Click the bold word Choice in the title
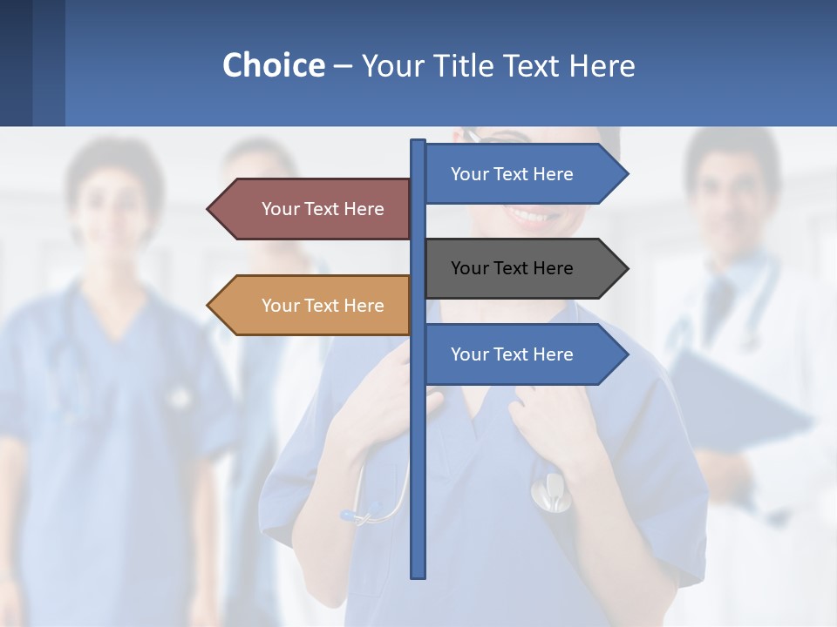tap(273, 65)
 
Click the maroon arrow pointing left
tap(314, 209)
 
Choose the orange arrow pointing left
tap(314, 306)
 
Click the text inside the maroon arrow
tap(323, 209)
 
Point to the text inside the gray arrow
tap(512, 268)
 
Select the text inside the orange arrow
tap(323, 306)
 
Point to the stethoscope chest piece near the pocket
tap(548, 492)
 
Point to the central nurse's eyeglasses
tap(475, 136)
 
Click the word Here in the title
tap(602, 65)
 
